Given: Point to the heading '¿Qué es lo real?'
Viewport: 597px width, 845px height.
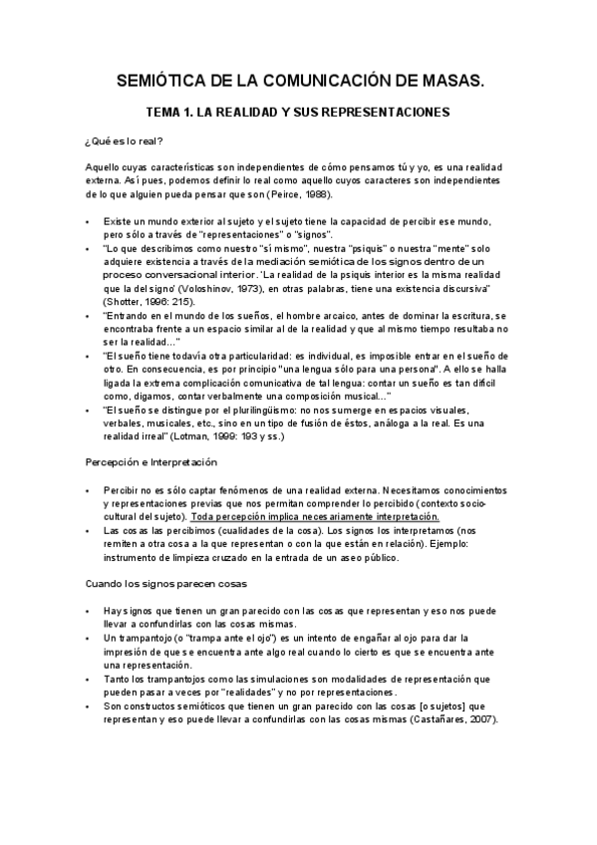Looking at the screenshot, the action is (126, 141).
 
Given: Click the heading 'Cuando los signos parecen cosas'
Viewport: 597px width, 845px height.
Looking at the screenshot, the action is (164, 582).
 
